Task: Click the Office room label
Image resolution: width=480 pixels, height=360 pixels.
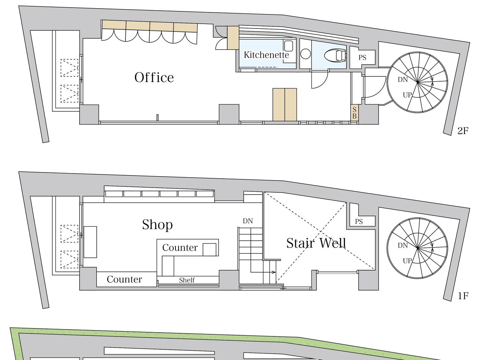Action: click(154, 77)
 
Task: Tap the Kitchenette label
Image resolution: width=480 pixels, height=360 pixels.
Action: click(266, 55)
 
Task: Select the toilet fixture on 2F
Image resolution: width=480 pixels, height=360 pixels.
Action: click(335, 55)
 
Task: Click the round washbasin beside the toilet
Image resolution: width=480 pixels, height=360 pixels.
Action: click(305, 54)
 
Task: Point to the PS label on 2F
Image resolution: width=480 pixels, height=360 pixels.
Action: click(362, 58)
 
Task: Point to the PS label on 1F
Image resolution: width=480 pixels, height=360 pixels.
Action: click(359, 221)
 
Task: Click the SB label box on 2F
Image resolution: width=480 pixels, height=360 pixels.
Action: click(355, 113)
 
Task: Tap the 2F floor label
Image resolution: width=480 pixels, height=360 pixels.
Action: click(463, 131)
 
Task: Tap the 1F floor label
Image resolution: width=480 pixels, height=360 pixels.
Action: click(463, 296)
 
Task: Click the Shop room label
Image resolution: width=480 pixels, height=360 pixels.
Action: click(157, 225)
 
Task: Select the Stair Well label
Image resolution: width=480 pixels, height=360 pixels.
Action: click(316, 243)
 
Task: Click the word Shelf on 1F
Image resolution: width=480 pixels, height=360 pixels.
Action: click(187, 280)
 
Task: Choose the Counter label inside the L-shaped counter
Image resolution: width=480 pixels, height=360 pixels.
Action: click(180, 248)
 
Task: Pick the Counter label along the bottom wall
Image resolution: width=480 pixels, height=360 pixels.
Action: click(124, 279)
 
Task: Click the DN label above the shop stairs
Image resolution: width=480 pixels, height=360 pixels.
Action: click(248, 221)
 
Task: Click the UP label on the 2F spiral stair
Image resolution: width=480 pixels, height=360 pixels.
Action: click(407, 95)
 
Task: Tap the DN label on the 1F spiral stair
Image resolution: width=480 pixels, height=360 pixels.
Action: click(403, 245)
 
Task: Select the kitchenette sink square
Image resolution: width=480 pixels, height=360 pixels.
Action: click(288, 46)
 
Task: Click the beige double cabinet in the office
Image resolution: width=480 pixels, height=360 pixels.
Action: click(285, 105)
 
